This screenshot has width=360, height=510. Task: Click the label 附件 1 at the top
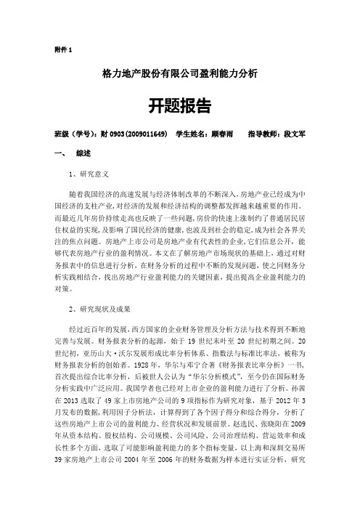coord(63,49)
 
